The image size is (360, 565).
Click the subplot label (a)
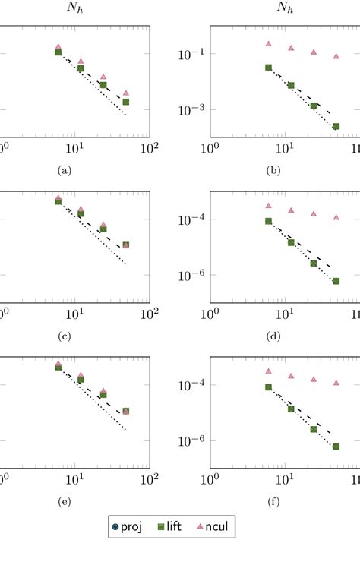pyautogui.click(x=64, y=171)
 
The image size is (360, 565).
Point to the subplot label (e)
pyautogui.click(x=64, y=502)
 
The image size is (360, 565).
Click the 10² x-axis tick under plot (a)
pyautogui.click(x=149, y=147)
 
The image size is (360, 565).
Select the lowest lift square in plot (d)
pyautogui.click(x=336, y=281)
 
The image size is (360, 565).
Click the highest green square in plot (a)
pyautogui.click(x=58, y=52)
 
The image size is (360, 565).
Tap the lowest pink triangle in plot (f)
pyautogui.click(x=336, y=383)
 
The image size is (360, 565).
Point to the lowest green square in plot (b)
pyautogui.click(x=336, y=126)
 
